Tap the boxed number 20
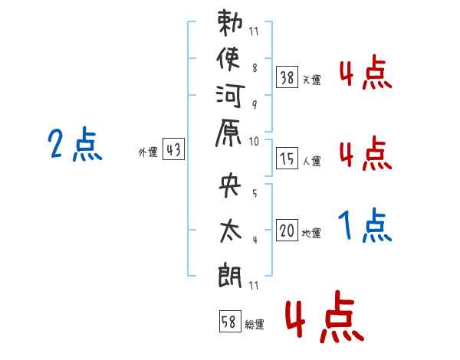287,231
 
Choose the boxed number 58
229,322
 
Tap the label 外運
148,152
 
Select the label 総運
255,325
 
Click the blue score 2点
74,145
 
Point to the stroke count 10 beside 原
254,141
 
